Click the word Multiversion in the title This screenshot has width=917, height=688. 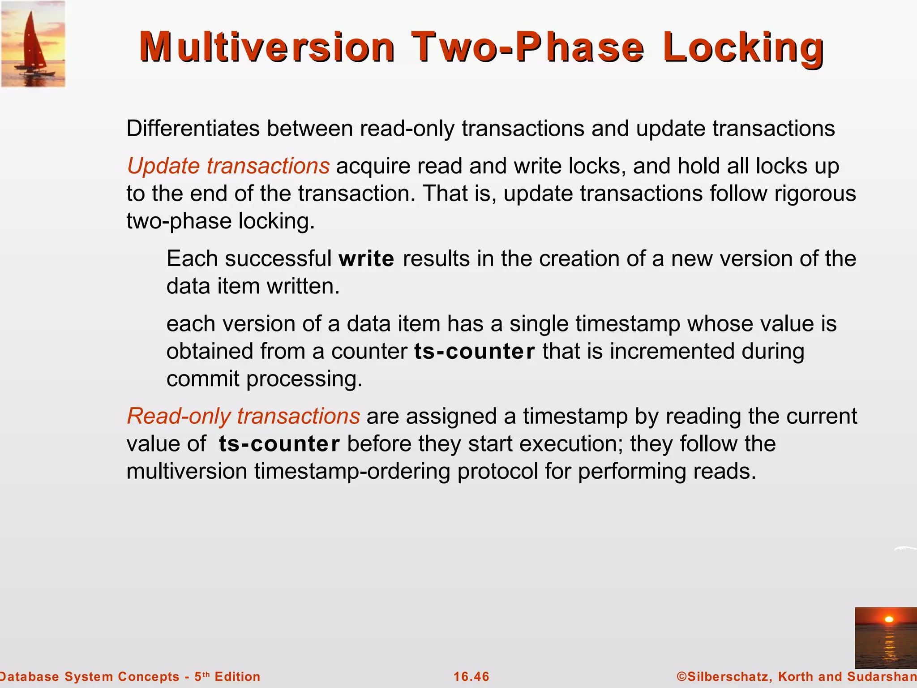click(x=267, y=47)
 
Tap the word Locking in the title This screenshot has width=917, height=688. click(x=743, y=47)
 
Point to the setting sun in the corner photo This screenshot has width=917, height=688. click(x=889, y=619)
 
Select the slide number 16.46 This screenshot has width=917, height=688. click(x=471, y=676)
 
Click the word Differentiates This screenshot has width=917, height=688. click(x=193, y=129)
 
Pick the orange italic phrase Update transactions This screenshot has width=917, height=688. click(x=228, y=166)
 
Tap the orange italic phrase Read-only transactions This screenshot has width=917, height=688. click(x=244, y=416)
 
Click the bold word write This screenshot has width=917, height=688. click(x=366, y=259)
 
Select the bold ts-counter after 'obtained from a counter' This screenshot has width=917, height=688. click(x=475, y=351)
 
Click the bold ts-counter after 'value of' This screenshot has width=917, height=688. click(x=279, y=444)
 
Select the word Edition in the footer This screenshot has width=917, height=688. click(x=237, y=676)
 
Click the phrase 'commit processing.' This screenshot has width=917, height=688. click(x=264, y=379)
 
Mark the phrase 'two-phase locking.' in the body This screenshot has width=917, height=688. click(x=221, y=221)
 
